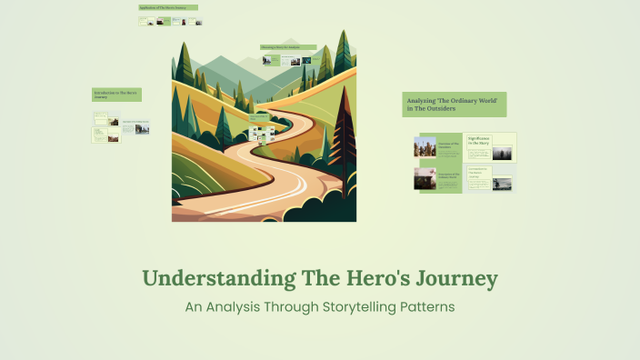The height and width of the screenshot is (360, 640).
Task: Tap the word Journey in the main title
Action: [x=455, y=277]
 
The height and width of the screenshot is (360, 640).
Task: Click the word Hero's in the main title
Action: [x=366, y=277]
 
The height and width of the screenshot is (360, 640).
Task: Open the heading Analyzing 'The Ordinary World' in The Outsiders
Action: [x=454, y=104]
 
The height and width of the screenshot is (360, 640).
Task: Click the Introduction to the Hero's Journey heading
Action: [x=115, y=94]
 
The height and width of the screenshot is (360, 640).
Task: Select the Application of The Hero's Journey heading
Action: [x=167, y=7]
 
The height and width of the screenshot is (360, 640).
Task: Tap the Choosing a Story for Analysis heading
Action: [x=287, y=47]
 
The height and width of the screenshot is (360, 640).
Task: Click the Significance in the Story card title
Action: [x=479, y=141]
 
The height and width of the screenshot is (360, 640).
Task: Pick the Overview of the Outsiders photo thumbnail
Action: [x=425, y=147]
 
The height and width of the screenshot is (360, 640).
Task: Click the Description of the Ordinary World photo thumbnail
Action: [x=425, y=178]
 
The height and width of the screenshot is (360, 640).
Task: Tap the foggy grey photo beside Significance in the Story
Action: [x=502, y=153]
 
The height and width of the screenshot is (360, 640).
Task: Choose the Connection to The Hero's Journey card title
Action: [x=479, y=172]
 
